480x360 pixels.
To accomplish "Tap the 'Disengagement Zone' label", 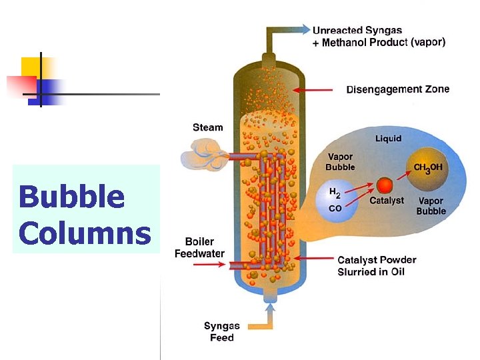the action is click(397, 89).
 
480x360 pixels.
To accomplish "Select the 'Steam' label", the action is click(208, 127).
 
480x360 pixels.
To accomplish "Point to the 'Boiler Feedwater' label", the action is click(199, 247).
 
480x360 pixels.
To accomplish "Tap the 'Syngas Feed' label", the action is click(222, 331).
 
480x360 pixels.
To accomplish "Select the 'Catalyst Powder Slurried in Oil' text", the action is click(377, 265).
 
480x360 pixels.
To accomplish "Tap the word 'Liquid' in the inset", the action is click(388, 139).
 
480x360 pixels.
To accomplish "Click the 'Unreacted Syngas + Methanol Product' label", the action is click(379, 36).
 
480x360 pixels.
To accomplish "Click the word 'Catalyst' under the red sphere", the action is click(387, 201).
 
